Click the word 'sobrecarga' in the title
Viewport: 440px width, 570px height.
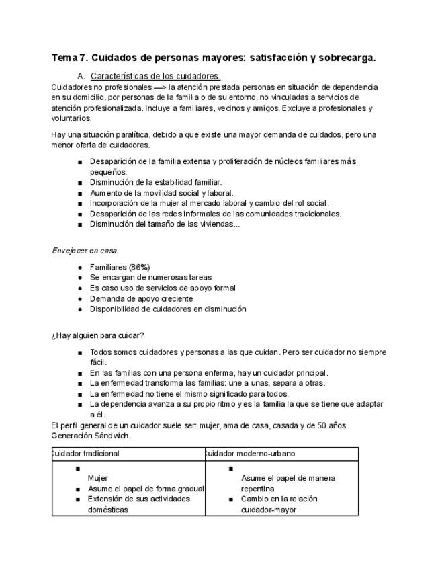coord(346,58)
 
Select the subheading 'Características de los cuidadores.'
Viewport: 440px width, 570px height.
coord(155,77)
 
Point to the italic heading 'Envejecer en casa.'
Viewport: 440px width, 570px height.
coord(85,251)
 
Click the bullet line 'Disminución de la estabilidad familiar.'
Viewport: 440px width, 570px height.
coord(155,182)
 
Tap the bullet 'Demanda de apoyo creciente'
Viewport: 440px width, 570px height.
coord(141,298)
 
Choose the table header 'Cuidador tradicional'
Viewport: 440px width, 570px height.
coord(85,454)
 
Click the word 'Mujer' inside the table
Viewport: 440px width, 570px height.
coord(98,478)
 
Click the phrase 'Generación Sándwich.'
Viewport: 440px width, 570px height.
coord(91,436)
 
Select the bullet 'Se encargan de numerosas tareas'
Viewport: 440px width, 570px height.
coord(150,277)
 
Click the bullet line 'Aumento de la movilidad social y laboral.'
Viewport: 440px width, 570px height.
coord(161,193)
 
